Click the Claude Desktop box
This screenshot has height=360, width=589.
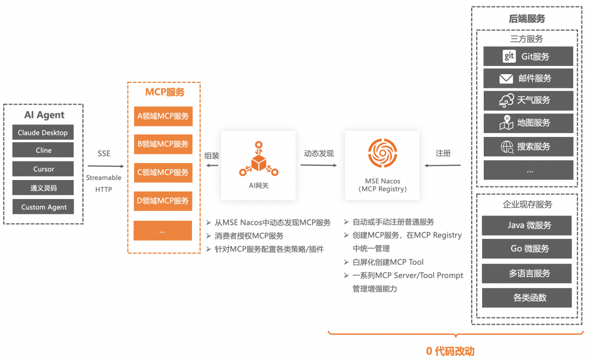click(x=43, y=133)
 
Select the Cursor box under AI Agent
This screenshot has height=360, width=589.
click(x=43, y=169)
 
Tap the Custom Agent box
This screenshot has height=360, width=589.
click(x=43, y=207)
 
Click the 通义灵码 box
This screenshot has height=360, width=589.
click(x=43, y=188)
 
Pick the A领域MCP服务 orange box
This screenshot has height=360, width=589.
click(x=163, y=116)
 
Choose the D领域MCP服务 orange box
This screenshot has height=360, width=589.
click(x=163, y=201)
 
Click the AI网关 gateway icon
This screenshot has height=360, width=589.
click(x=259, y=160)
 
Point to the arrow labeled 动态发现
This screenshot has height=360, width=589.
click(x=318, y=165)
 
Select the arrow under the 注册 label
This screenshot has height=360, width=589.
click(x=443, y=165)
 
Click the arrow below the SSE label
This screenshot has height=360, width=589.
click(x=104, y=166)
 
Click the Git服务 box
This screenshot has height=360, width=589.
click(x=528, y=56)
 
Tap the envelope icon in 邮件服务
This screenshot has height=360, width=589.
click(x=506, y=79)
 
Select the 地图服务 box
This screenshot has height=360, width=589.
click(x=528, y=123)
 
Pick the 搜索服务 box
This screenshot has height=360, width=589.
click(x=528, y=146)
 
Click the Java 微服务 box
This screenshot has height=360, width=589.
click(x=526, y=225)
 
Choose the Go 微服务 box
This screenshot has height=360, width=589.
click(x=526, y=249)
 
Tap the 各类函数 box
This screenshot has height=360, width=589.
click(x=526, y=298)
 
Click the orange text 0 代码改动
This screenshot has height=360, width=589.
click(x=450, y=351)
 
